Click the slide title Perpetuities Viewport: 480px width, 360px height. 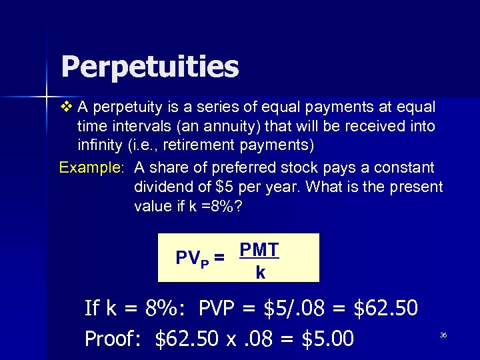149,67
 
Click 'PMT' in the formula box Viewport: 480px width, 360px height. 259,250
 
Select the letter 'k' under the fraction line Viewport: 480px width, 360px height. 260,272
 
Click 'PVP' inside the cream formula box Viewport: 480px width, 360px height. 192,258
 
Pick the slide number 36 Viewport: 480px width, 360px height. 443,335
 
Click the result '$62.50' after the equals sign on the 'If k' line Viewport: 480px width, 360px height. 386,308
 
